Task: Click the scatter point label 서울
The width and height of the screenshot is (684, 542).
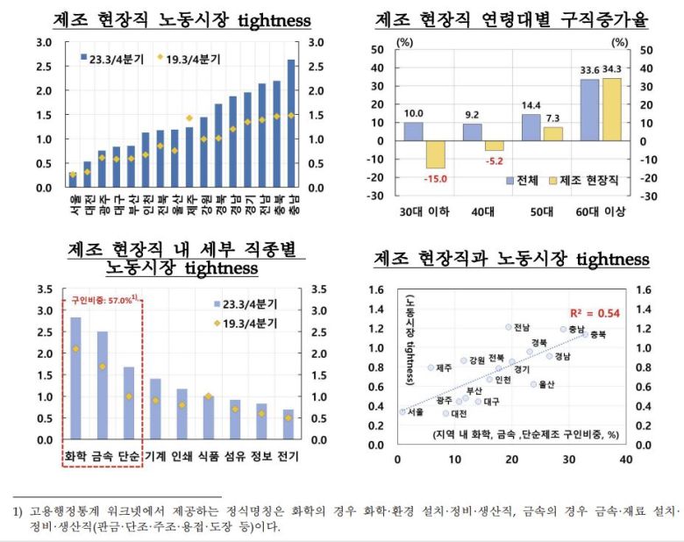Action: point(417,410)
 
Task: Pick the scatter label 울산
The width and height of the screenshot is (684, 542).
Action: point(546,384)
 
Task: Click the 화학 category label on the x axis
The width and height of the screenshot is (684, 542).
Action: point(75,456)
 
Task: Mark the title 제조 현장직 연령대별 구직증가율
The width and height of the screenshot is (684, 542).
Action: point(511,19)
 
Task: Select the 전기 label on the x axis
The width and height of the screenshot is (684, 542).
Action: point(289,456)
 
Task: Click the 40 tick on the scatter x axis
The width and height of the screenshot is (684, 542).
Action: point(625,458)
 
